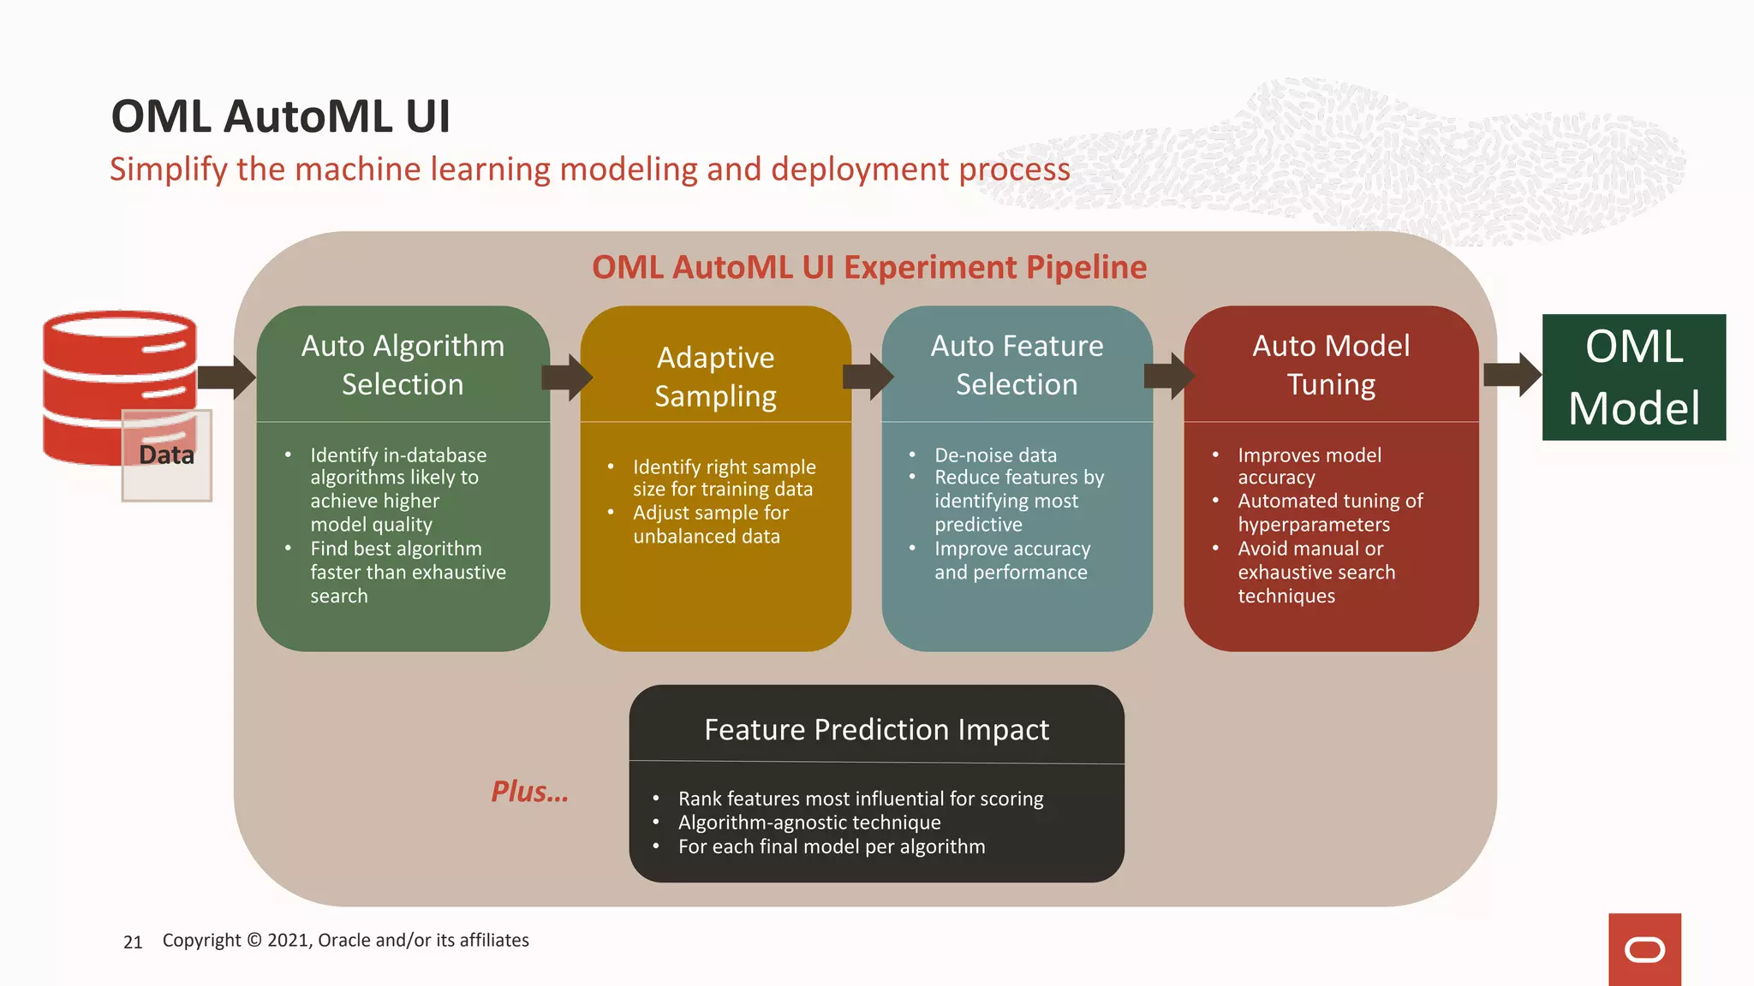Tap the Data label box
166,455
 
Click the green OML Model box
1633,377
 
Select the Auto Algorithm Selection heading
403,365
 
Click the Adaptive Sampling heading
715,377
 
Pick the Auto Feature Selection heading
1017,365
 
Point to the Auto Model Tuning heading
1331,365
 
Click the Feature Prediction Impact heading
876,729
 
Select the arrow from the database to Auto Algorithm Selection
226,377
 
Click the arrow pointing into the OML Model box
1512,375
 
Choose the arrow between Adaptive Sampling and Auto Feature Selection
868,377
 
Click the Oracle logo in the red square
1644,950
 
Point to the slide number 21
133,942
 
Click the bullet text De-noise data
995,455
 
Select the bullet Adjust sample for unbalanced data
710,524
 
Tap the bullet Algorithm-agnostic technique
808,823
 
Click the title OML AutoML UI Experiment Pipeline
868,267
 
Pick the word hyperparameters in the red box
1313,525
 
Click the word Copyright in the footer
201,940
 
